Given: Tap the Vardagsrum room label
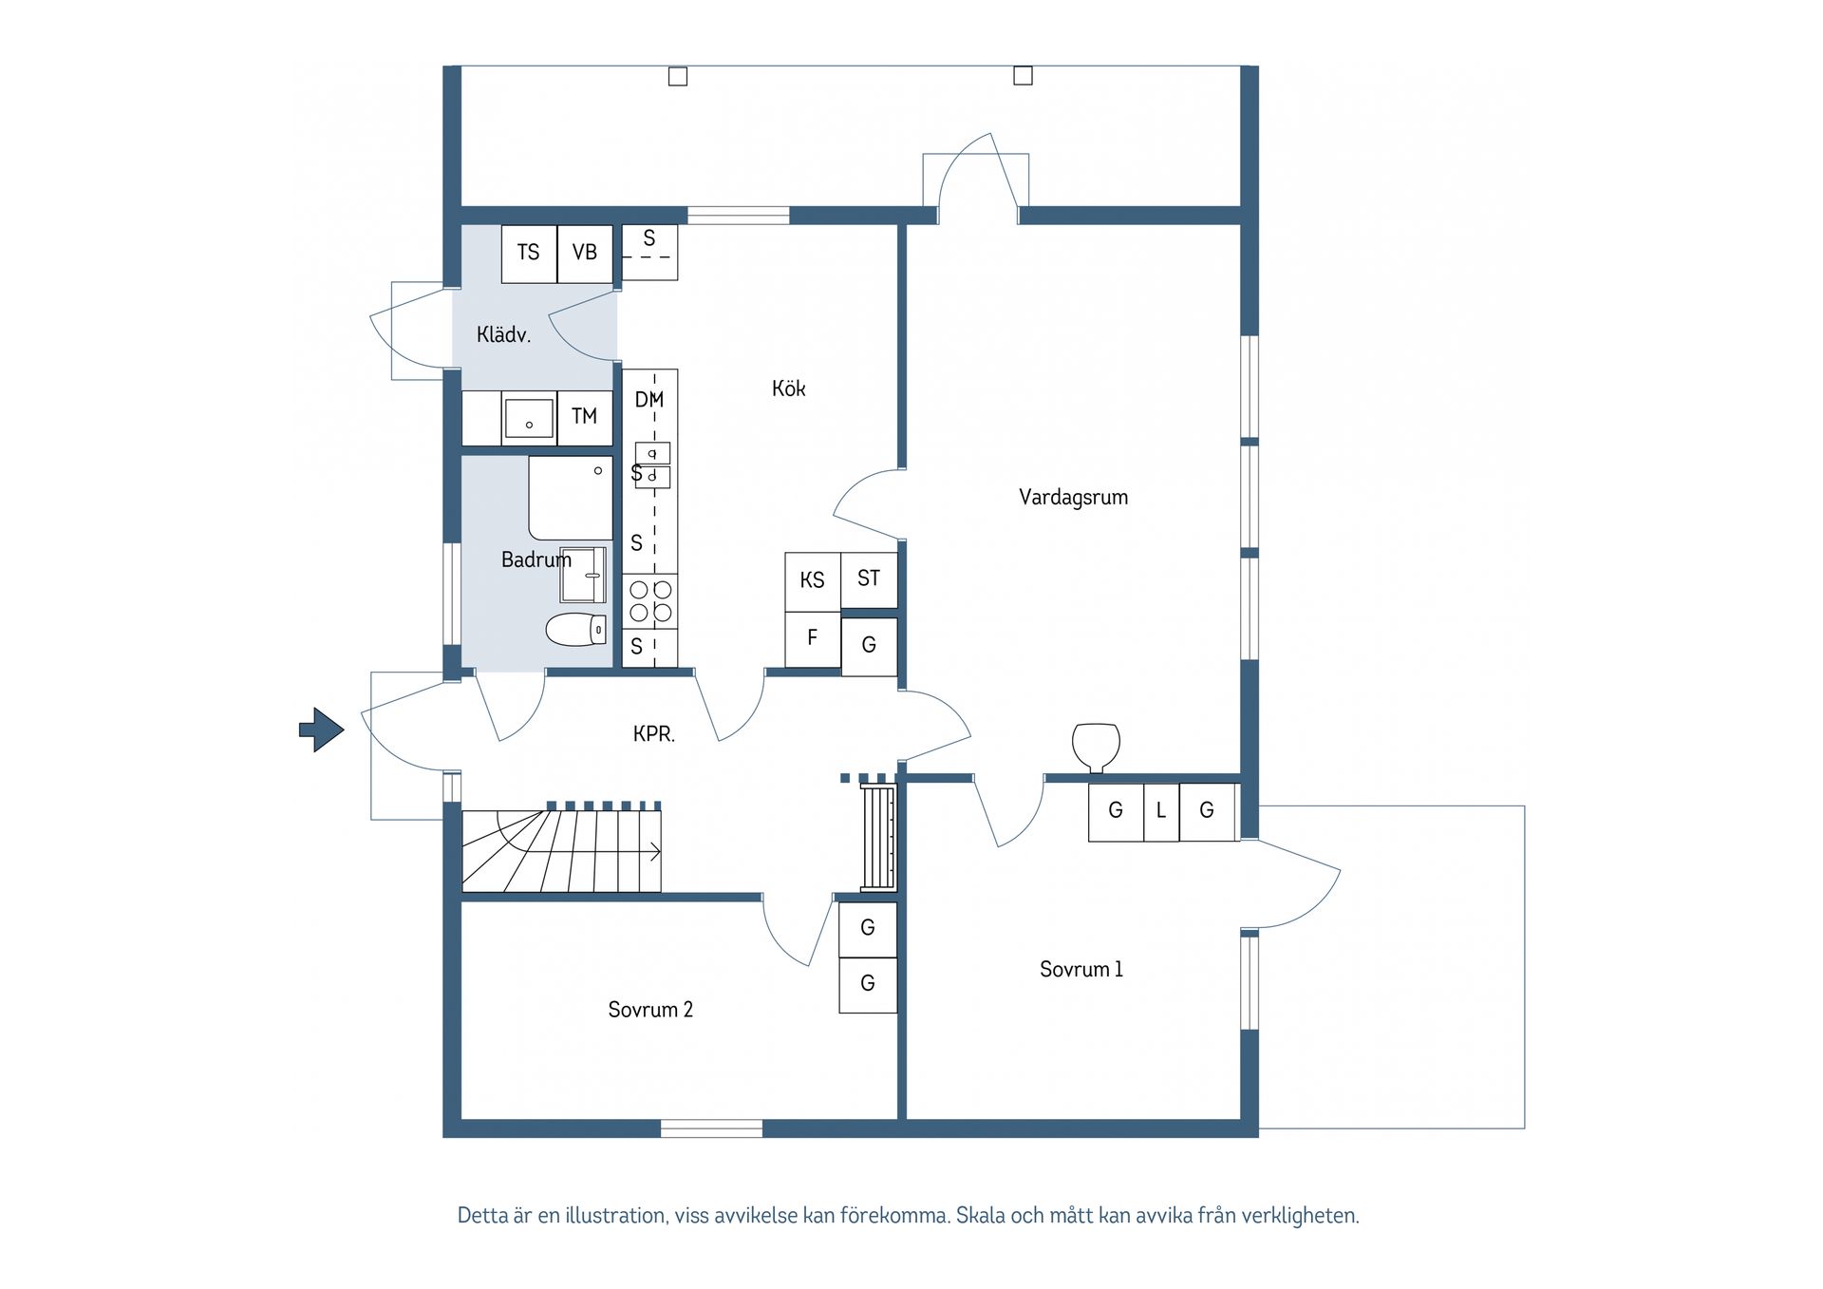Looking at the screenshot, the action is tap(1073, 497).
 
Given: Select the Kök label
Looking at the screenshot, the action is tap(788, 388).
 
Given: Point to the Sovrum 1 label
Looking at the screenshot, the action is tap(1081, 969).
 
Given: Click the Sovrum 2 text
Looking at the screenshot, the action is tap(650, 1009).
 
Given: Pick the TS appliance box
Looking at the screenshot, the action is tap(529, 254).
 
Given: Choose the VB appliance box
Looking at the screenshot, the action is tap(585, 254).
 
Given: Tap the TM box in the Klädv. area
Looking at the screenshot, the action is tap(585, 417).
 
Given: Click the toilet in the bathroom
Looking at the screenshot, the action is tap(576, 629).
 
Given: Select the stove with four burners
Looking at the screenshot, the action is tap(650, 601).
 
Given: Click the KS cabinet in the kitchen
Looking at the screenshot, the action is tap(813, 581).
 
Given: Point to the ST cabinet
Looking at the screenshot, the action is tap(869, 579).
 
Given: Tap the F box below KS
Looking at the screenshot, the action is tap(813, 638).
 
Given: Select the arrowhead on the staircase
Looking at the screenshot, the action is tap(656, 852).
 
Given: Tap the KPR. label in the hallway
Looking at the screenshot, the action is tap(654, 733).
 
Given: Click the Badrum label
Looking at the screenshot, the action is tap(536, 559).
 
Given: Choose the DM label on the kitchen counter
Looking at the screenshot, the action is tap(649, 400).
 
